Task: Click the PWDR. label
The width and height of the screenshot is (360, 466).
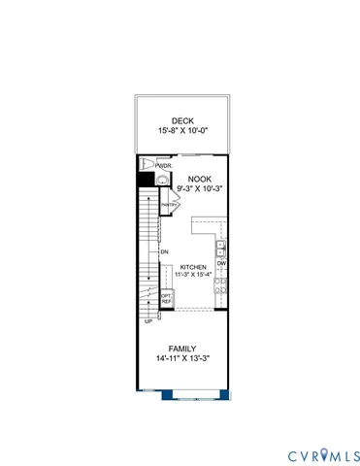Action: pyautogui.click(x=166, y=166)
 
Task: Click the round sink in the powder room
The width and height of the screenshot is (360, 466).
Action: pyautogui.click(x=162, y=179)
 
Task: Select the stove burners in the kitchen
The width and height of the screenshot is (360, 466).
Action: pyautogui.click(x=220, y=285)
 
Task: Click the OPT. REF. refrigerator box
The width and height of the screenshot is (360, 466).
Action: pyautogui.click(x=166, y=300)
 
